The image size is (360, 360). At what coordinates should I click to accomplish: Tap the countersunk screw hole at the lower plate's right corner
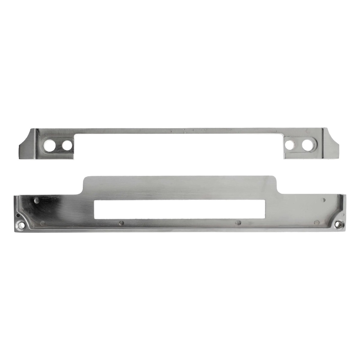(339, 224)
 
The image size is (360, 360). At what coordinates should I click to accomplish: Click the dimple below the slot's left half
(121, 223)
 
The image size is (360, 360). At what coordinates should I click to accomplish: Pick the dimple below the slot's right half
(239, 223)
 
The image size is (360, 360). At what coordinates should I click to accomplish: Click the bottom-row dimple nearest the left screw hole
(44, 223)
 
